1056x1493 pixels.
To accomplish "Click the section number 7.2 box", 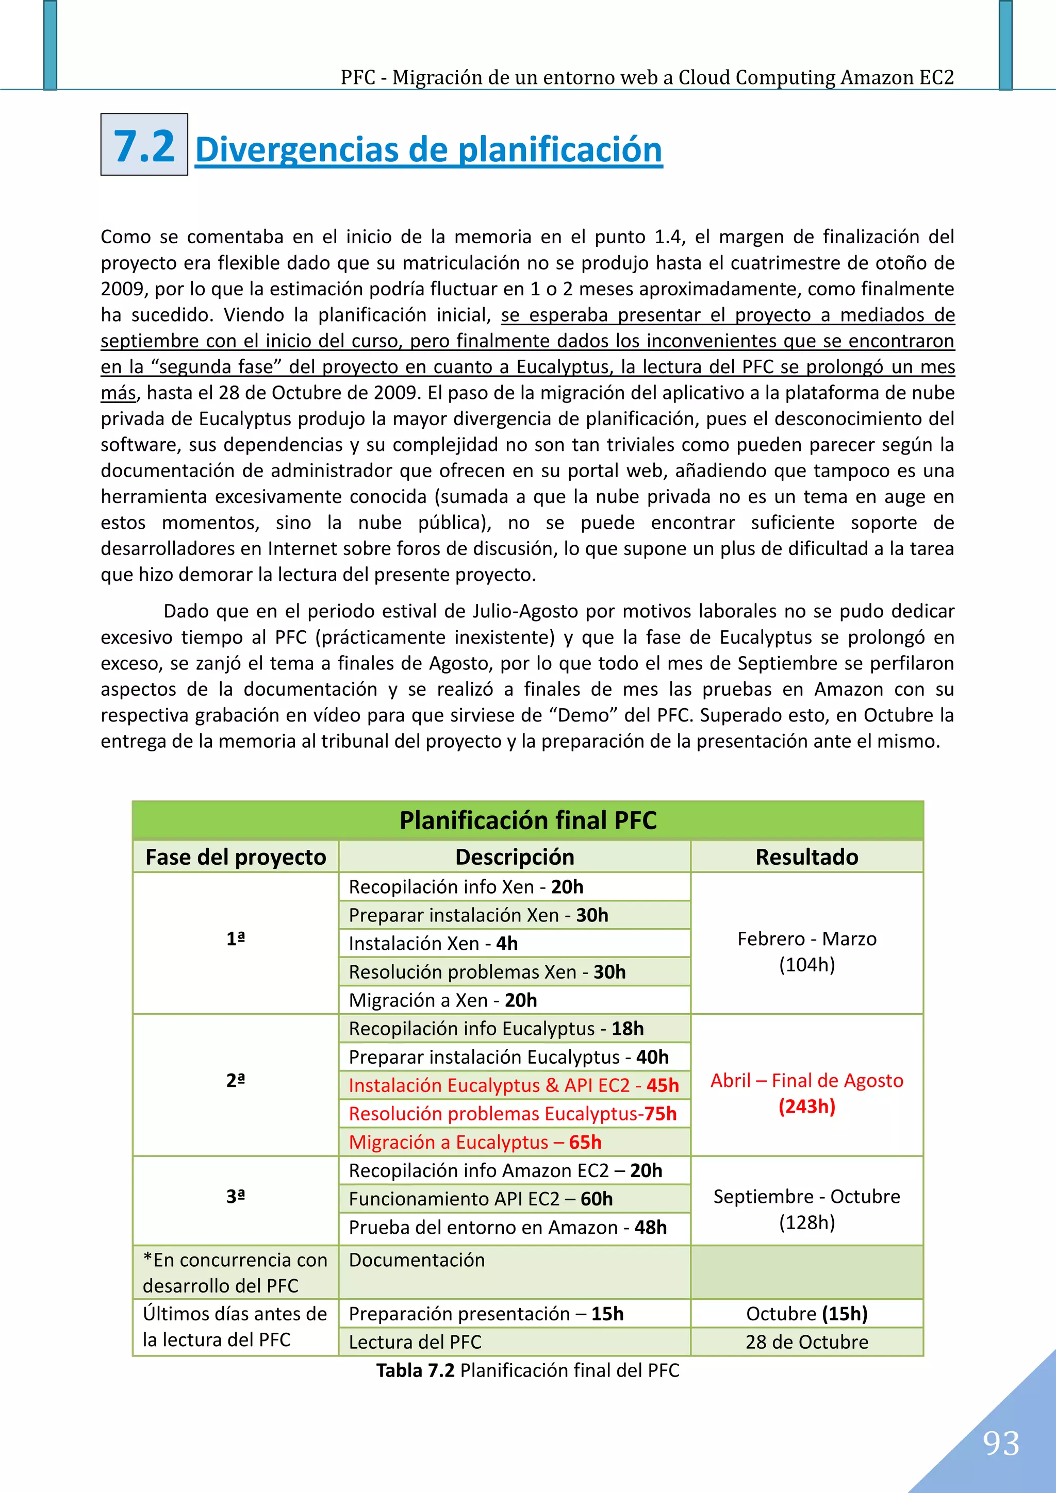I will coord(144,144).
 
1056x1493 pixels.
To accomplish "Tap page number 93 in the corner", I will coord(1001,1444).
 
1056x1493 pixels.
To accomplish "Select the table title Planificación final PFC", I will coord(527,820).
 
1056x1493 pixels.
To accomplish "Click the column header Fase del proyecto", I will coord(236,857).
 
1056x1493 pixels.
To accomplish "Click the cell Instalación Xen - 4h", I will coord(433,943).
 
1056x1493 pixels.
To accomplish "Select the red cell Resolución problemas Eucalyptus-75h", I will coord(513,1113).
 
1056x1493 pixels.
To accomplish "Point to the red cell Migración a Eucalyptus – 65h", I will coord(475,1142).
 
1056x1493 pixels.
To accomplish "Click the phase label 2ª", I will coord(236,1080).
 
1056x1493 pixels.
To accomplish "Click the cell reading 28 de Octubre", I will coord(807,1341).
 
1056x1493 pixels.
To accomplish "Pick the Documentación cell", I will coord(417,1260).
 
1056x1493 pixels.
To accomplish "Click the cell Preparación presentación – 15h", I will coord(486,1314).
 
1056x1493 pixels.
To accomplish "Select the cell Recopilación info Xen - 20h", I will coord(466,886).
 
